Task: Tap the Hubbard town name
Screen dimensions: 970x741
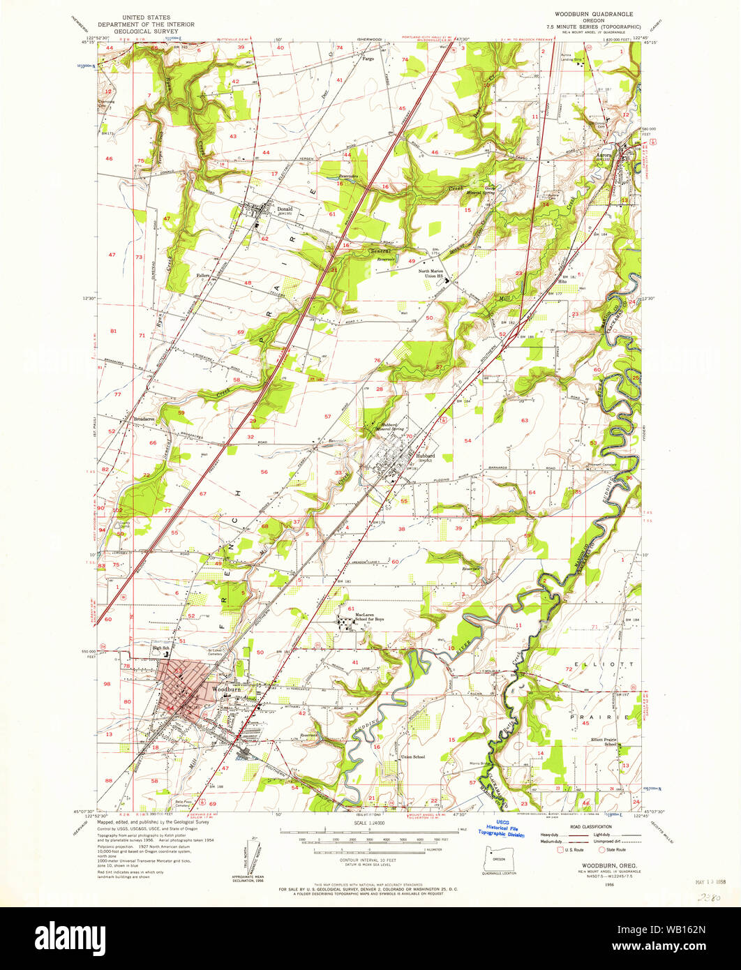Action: (x=425, y=456)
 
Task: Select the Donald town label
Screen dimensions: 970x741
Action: (x=285, y=209)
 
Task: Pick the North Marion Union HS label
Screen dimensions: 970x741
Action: (x=436, y=274)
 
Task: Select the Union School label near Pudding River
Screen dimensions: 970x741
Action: (x=413, y=756)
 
